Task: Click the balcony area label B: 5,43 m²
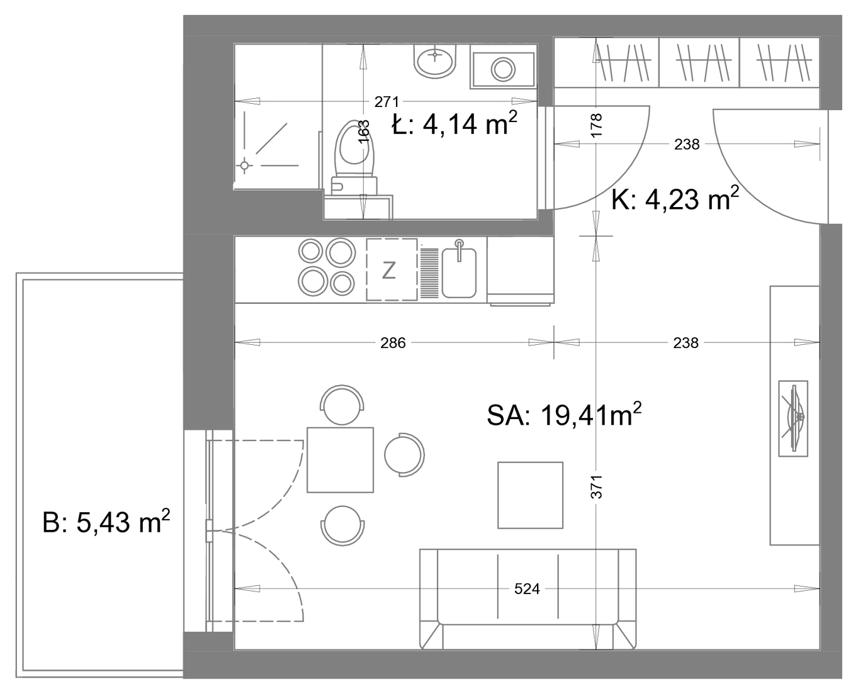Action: [106, 522]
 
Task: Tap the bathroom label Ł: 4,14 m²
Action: [454, 123]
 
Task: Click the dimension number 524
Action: [526, 589]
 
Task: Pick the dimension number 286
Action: [393, 342]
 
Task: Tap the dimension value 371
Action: [597, 487]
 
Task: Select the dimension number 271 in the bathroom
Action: [387, 102]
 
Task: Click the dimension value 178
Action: [597, 125]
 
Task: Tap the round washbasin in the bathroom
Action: [435, 61]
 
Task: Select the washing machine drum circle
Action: [503, 70]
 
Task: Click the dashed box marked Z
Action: [392, 269]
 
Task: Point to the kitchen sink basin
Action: [459, 273]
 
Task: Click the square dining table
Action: [340, 460]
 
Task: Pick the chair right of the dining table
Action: [404, 455]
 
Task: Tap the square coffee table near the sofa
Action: [530, 495]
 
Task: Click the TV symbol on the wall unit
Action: [793, 418]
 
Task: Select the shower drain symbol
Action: [244, 166]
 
